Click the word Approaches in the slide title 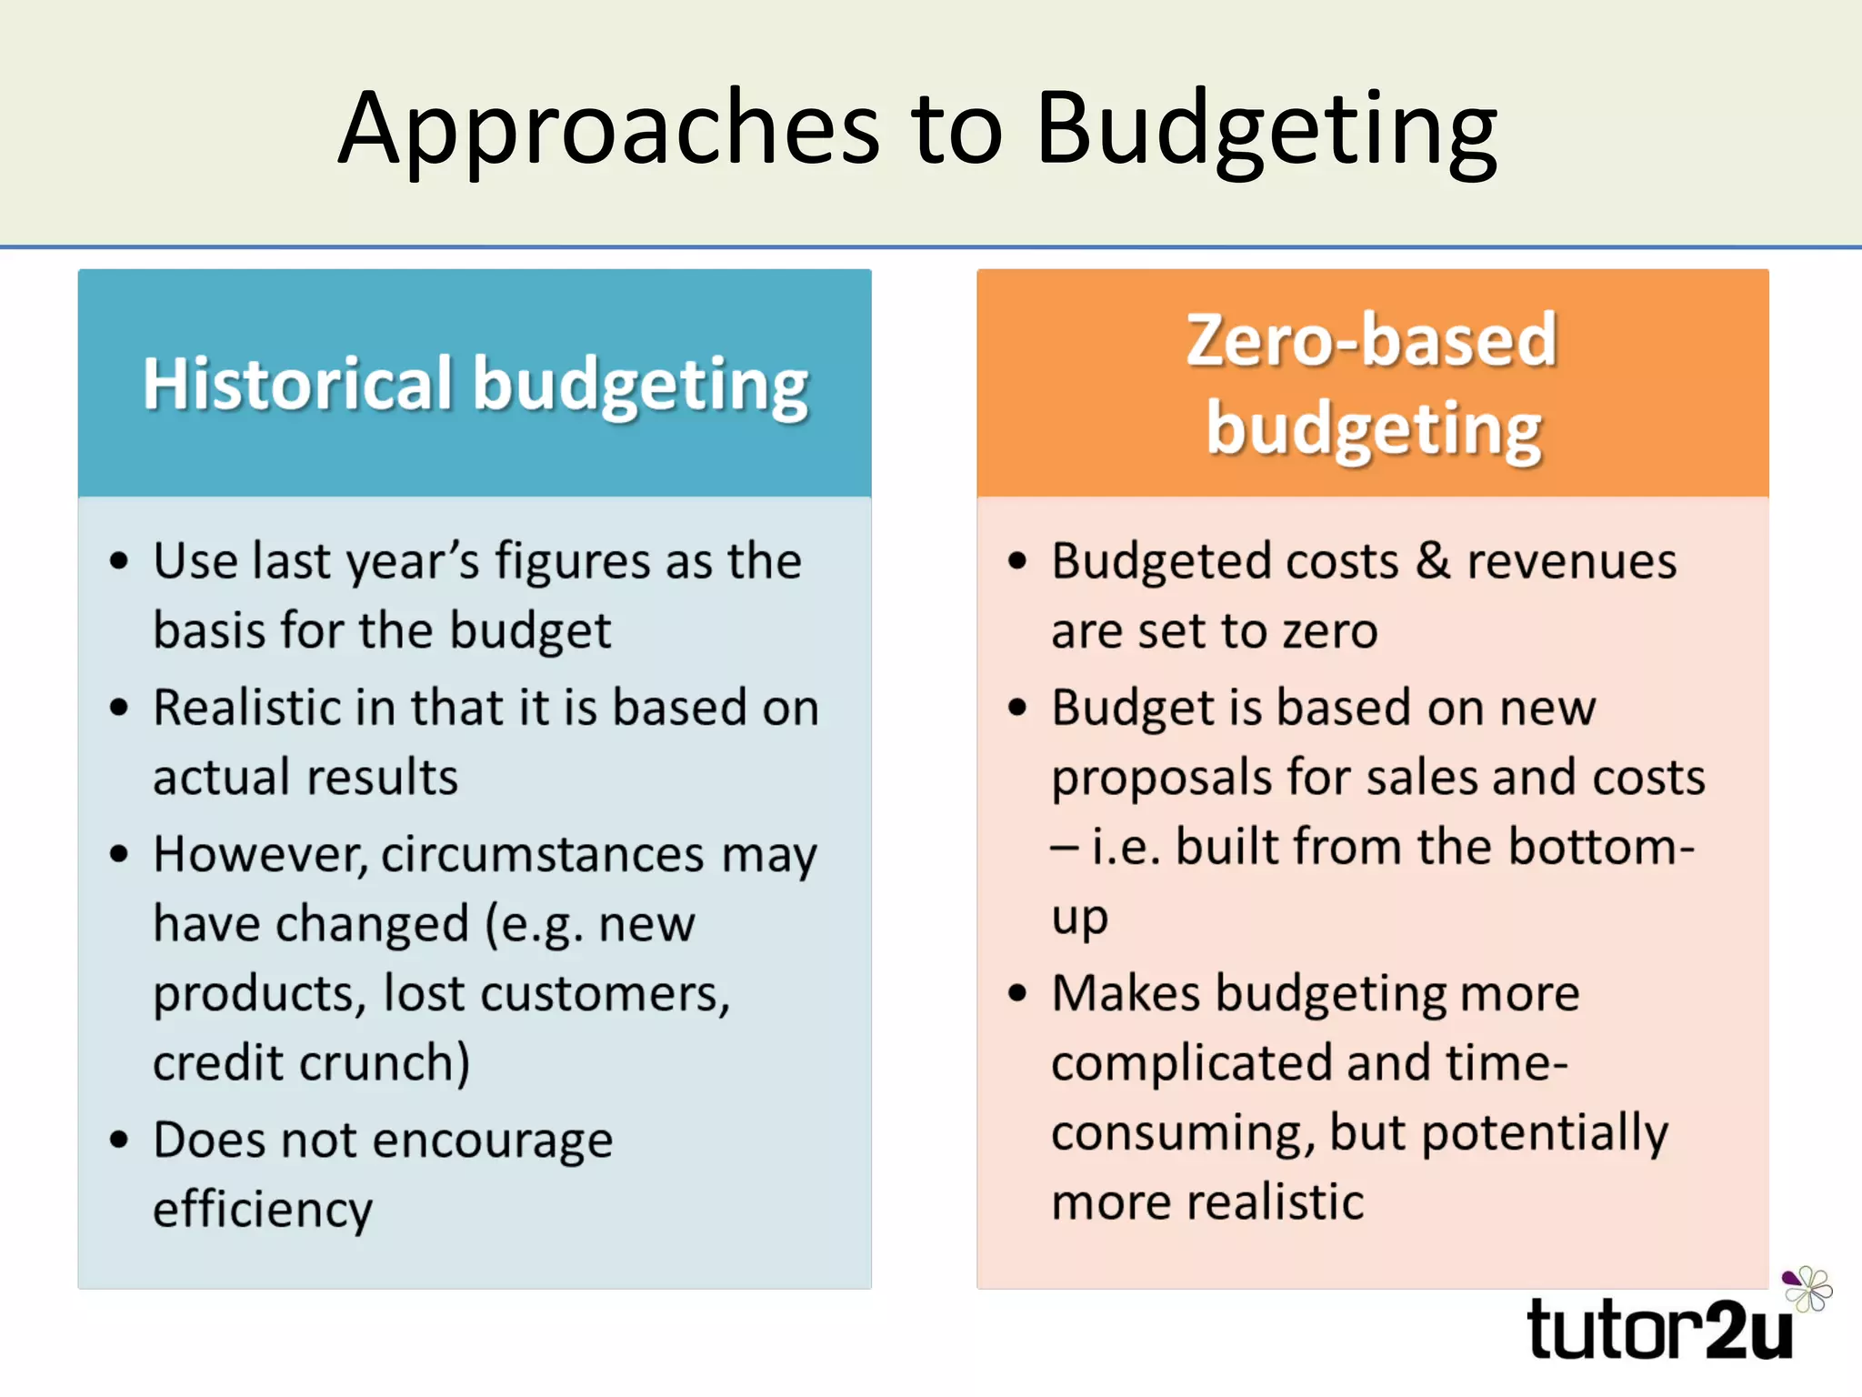coord(609,129)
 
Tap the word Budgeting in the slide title coord(1266,129)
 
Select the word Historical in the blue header coord(297,384)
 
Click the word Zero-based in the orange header coord(1372,340)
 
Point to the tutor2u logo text coord(1660,1330)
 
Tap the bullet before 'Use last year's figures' coord(119,560)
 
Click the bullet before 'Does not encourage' coord(119,1139)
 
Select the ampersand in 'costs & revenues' coord(1433,560)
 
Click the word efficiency coord(263,1210)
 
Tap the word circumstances coord(543,855)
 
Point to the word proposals coord(1161,779)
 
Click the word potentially coord(1545,1133)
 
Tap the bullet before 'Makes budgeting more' coord(1017,992)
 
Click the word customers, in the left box coord(605,993)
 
